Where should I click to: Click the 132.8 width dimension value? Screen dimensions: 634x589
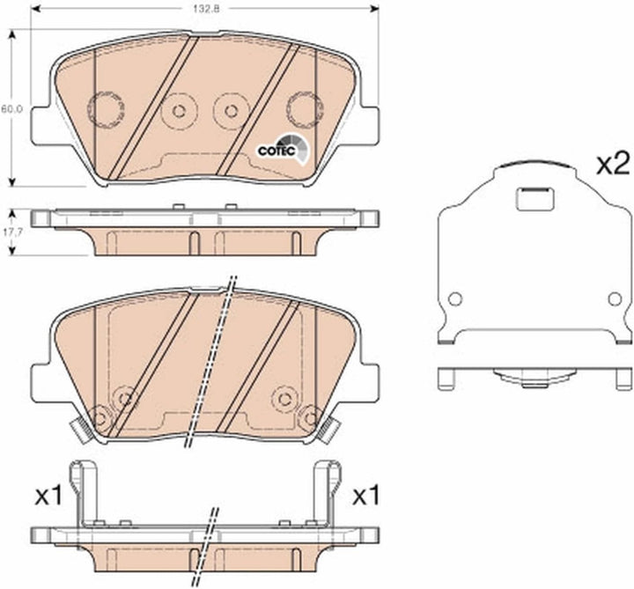pyautogui.click(x=206, y=9)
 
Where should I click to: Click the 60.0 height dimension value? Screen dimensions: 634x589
pyautogui.click(x=8, y=109)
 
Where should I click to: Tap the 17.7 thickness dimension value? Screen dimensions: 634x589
pyautogui.click(x=8, y=232)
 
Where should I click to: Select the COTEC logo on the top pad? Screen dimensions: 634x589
pyautogui.click(x=284, y=150)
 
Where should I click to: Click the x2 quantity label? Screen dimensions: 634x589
pyautogui.click(x=613, y=164)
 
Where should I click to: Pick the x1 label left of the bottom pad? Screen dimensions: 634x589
pyautogui.click(x=49, y=495)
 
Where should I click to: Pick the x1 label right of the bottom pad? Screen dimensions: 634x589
pyautogui.click(x=366, y=495)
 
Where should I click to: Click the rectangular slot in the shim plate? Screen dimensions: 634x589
pyautogui.click(x=535, y=198)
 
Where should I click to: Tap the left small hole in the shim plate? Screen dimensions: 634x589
pyautogui.click(x=455, y=299)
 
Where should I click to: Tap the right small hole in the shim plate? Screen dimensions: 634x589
pyautogui.click(x=615, y=299)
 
